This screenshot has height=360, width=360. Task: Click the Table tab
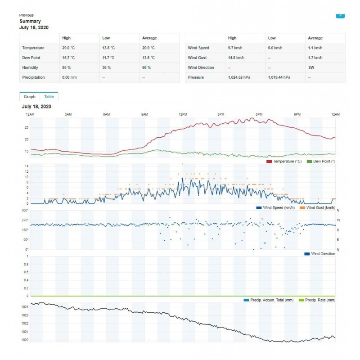49,96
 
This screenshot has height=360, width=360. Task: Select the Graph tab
30,96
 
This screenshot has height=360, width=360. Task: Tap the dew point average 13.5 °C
148,58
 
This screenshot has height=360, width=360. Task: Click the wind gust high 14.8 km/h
236,58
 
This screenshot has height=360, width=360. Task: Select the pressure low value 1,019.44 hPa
279,77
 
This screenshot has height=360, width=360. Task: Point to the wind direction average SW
311,67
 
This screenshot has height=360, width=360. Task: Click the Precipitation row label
34,77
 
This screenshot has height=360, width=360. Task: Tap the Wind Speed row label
198,48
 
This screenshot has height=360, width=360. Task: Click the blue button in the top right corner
340,15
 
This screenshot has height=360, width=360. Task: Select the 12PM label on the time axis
182,115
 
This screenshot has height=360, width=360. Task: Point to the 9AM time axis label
144,115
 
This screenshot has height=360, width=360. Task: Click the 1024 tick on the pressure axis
25,307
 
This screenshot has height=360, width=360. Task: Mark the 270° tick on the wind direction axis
25,220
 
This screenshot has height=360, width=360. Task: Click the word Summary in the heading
30,21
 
